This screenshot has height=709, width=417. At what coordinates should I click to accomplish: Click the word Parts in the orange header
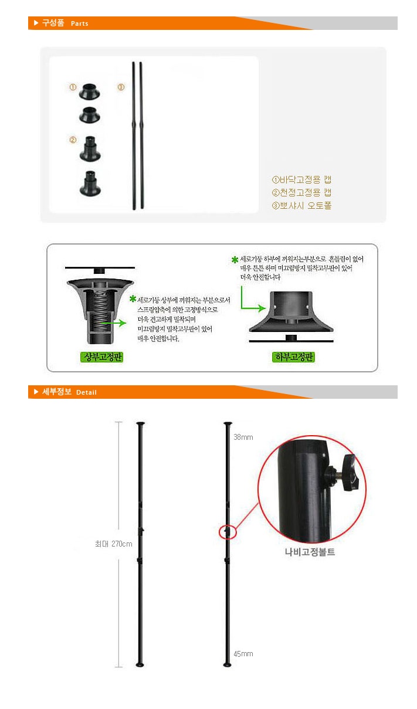[x=80, y=23]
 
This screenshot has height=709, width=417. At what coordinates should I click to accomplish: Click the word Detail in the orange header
[x=86, y=392]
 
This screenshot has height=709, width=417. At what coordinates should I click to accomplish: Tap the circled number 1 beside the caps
[x=73, y=87]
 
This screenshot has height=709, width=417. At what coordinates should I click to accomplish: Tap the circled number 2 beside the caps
[x=73, y=140]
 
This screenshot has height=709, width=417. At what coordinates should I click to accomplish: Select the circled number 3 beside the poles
[x=121, y=87]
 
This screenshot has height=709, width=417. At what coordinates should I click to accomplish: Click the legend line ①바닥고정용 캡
[x=301, y=180]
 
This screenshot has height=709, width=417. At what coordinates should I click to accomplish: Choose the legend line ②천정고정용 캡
[x=301, y=192]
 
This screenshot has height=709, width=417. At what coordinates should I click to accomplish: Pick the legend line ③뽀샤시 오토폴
[x=301, y=205]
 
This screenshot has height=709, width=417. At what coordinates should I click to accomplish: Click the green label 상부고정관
[x=101, y=357]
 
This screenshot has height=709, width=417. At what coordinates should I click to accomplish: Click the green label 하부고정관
[x=293, y=357]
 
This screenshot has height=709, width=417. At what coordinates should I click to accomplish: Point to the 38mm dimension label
[x=243, y=437]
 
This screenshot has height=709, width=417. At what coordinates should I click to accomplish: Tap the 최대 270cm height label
[x=114, y=544]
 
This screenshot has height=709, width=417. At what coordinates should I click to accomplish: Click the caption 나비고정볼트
[x=310, y=552]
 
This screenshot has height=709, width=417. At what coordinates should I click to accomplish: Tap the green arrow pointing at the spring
[x=113, y=323]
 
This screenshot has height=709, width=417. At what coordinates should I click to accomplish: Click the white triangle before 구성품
[x=36, y=23]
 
